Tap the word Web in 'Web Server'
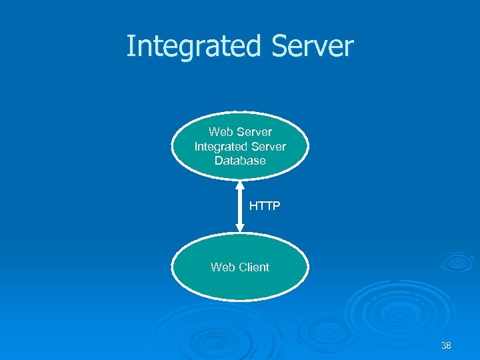click(219, 132)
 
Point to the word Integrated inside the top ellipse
click(218, 146)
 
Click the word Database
click(240, 161)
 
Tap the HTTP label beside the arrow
click(265, 206)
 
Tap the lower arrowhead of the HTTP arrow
click(241, 228)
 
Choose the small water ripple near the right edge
click(459, 261)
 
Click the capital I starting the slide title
click(130, 47)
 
